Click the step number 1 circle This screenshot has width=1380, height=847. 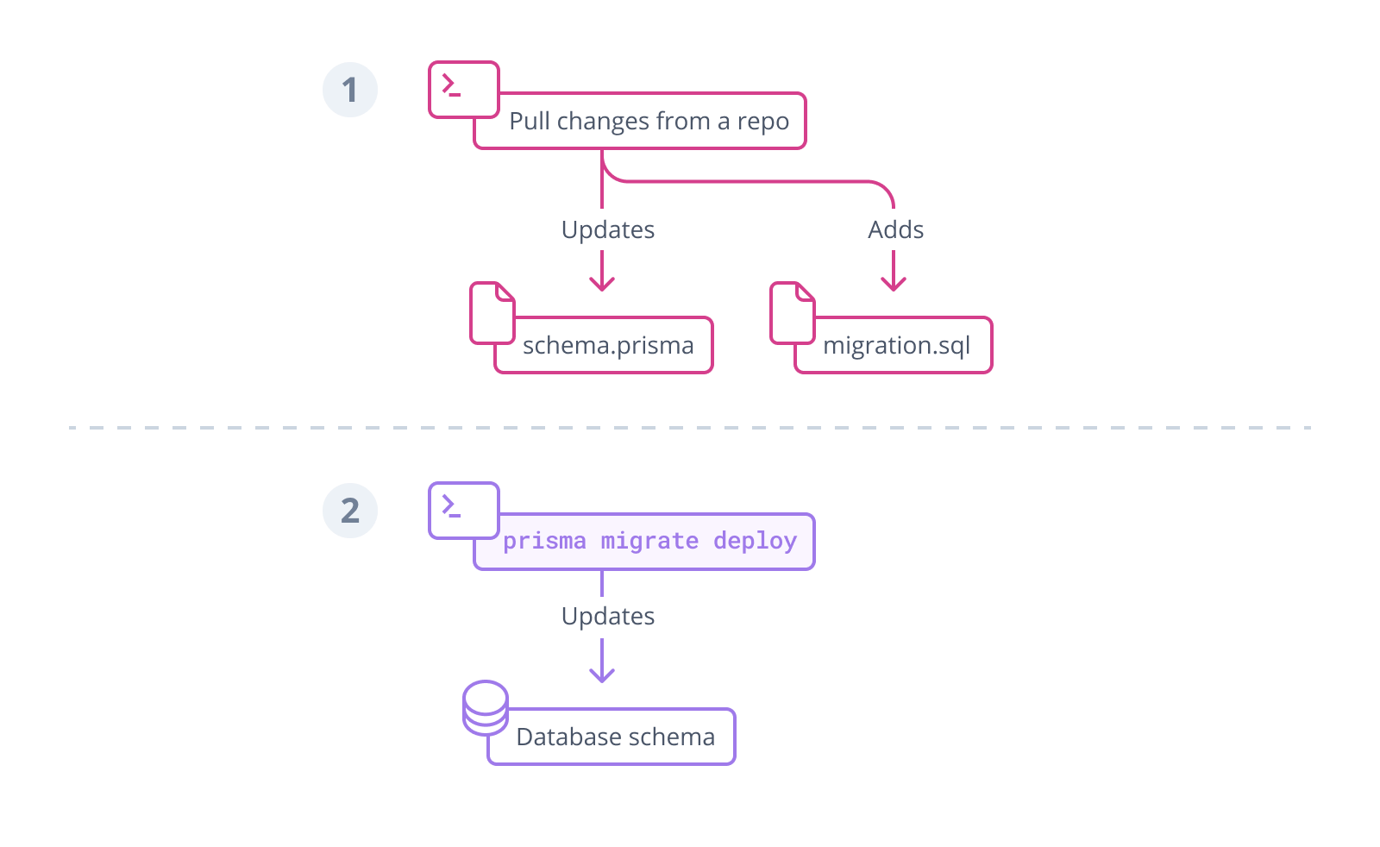350,90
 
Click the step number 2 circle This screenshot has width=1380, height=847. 350,511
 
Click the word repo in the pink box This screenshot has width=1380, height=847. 762,122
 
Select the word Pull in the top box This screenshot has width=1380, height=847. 529,121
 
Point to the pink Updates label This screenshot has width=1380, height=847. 608,229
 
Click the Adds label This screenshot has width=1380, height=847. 895,229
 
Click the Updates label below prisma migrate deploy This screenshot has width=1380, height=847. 608,616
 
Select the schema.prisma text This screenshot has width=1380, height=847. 608,345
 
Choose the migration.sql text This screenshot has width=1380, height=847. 896,346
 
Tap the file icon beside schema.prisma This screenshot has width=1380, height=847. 492,313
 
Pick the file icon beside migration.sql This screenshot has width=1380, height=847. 792,313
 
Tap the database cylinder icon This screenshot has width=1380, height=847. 485,707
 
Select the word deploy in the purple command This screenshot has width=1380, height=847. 755,541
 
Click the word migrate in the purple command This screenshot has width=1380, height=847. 649,541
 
